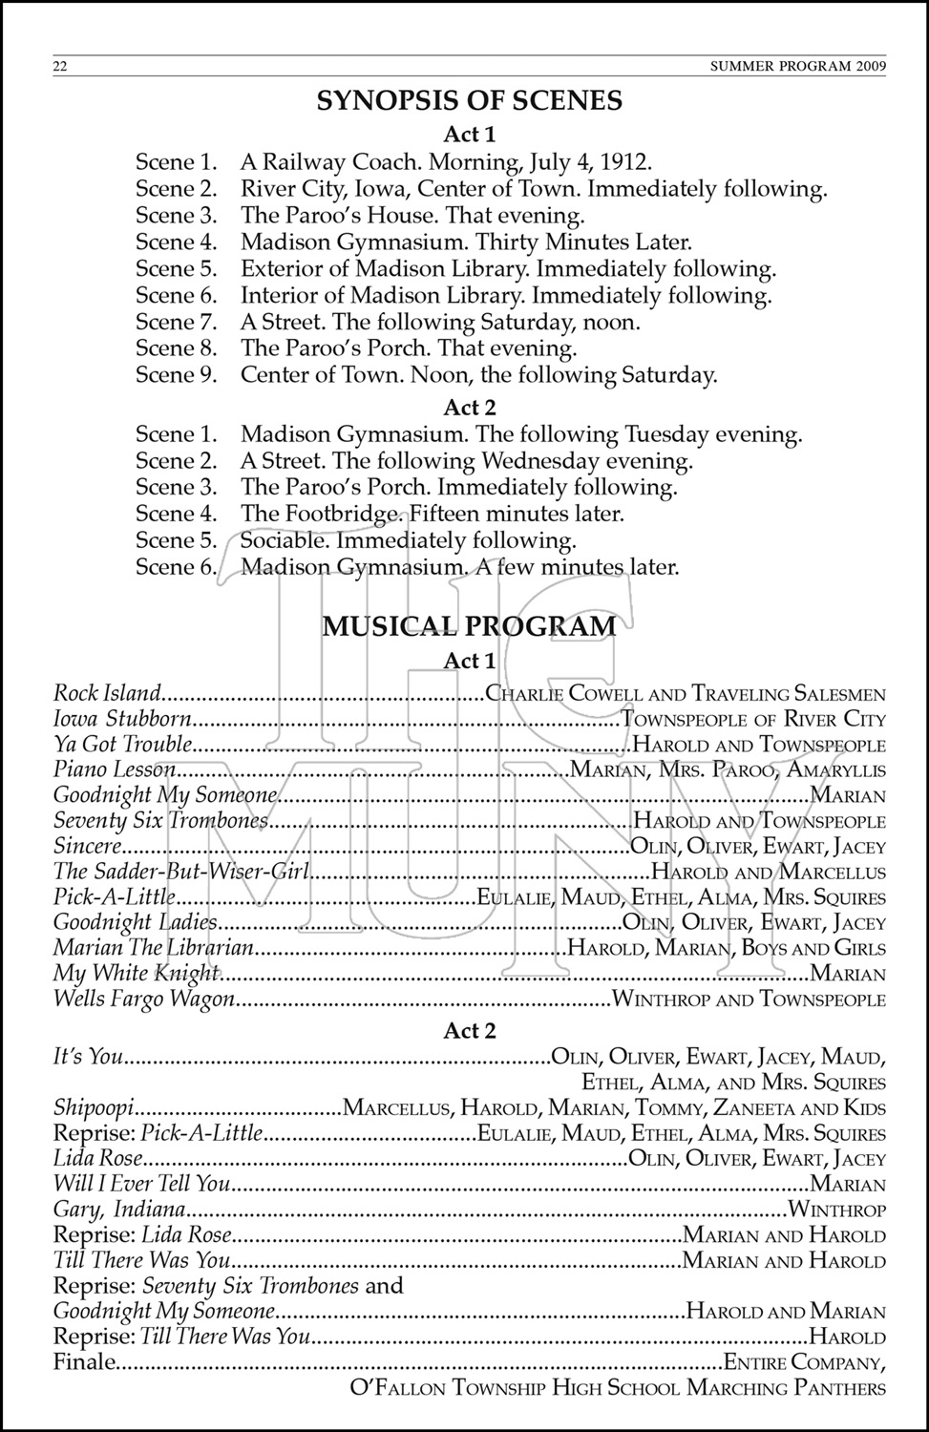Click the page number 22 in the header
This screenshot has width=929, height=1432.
[x=60, y=66]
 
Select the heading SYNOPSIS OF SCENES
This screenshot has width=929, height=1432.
[x=469, y=100]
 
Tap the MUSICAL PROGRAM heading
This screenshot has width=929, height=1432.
[x=469, y=626]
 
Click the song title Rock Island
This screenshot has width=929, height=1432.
[x=107, y=693]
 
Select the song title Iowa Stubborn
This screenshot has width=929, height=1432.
[x=122, y=719]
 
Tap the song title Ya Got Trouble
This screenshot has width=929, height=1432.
[x=122, y=745]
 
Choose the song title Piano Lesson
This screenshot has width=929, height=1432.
[x=115, y=769]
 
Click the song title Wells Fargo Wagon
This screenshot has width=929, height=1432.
[x=144, y=1000]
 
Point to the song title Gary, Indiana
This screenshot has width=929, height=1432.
[x=119, y=1211]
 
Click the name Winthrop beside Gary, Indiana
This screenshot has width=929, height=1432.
[x=835, y=1211]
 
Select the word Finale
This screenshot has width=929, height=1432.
[x=84, y=1362]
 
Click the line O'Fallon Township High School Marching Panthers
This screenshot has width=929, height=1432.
[x=619, y=1388]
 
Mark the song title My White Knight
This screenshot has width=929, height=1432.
[x=137, y=974]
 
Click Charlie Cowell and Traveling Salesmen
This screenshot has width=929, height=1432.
[x=686, y=694]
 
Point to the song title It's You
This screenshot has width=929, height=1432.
[x=89, y=1057]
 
